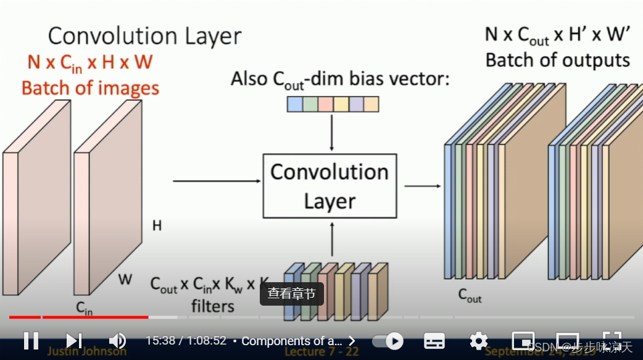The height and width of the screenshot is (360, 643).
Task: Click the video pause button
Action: coord(31,340)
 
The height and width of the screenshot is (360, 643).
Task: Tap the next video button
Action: coord(73,340)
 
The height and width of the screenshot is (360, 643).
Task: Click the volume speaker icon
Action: coord(117,340)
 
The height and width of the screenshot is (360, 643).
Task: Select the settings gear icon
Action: coord(478,341)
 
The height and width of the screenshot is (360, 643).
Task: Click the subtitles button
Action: coord(434,341)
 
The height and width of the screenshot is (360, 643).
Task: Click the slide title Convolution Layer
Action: coord(145,36)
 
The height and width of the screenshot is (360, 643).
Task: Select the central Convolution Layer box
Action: coord(330,186)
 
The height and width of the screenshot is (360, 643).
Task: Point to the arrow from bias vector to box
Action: coord(332,132)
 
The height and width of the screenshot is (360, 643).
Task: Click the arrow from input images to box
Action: coord(217,181)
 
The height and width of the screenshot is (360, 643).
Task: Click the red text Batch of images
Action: coord(90,88)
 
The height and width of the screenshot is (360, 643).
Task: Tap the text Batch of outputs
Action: coord(557,61)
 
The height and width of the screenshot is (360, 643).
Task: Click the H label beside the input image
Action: coord(157,226)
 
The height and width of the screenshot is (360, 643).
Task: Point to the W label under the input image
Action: coord(125,280)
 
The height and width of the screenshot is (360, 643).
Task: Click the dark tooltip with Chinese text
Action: coord(291,294)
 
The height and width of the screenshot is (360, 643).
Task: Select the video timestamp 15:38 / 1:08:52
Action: coord(186,341)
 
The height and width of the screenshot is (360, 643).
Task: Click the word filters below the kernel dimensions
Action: coord(212,306)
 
